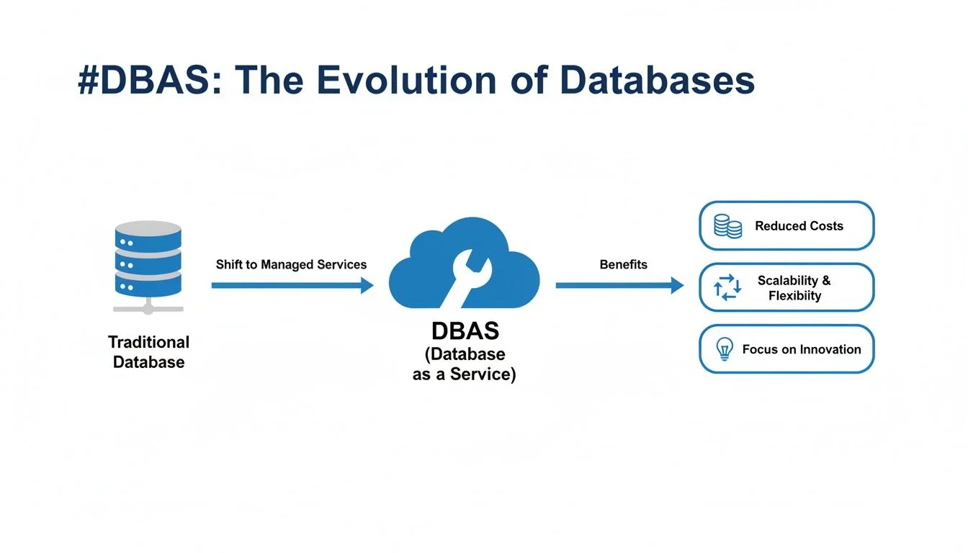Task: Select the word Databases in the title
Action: tap(657, 81)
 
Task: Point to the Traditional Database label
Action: tap(148, 352)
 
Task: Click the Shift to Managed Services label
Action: tap(291, 264)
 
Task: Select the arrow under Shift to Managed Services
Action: tap(292, 286)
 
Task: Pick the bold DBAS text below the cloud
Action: tap(465, 331)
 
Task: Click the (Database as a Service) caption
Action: tap(464, 364)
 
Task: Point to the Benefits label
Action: tap(623, 264)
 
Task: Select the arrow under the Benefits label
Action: tap(619, 286)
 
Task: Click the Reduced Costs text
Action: tap(799, 226)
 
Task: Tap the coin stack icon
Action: tap(727, 226)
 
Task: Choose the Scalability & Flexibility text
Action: tap(794, 288)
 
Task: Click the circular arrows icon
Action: tap(727, 287)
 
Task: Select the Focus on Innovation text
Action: tap(802, 349)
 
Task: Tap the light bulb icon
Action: tap(724, 349)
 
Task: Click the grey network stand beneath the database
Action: tap(148, 307)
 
